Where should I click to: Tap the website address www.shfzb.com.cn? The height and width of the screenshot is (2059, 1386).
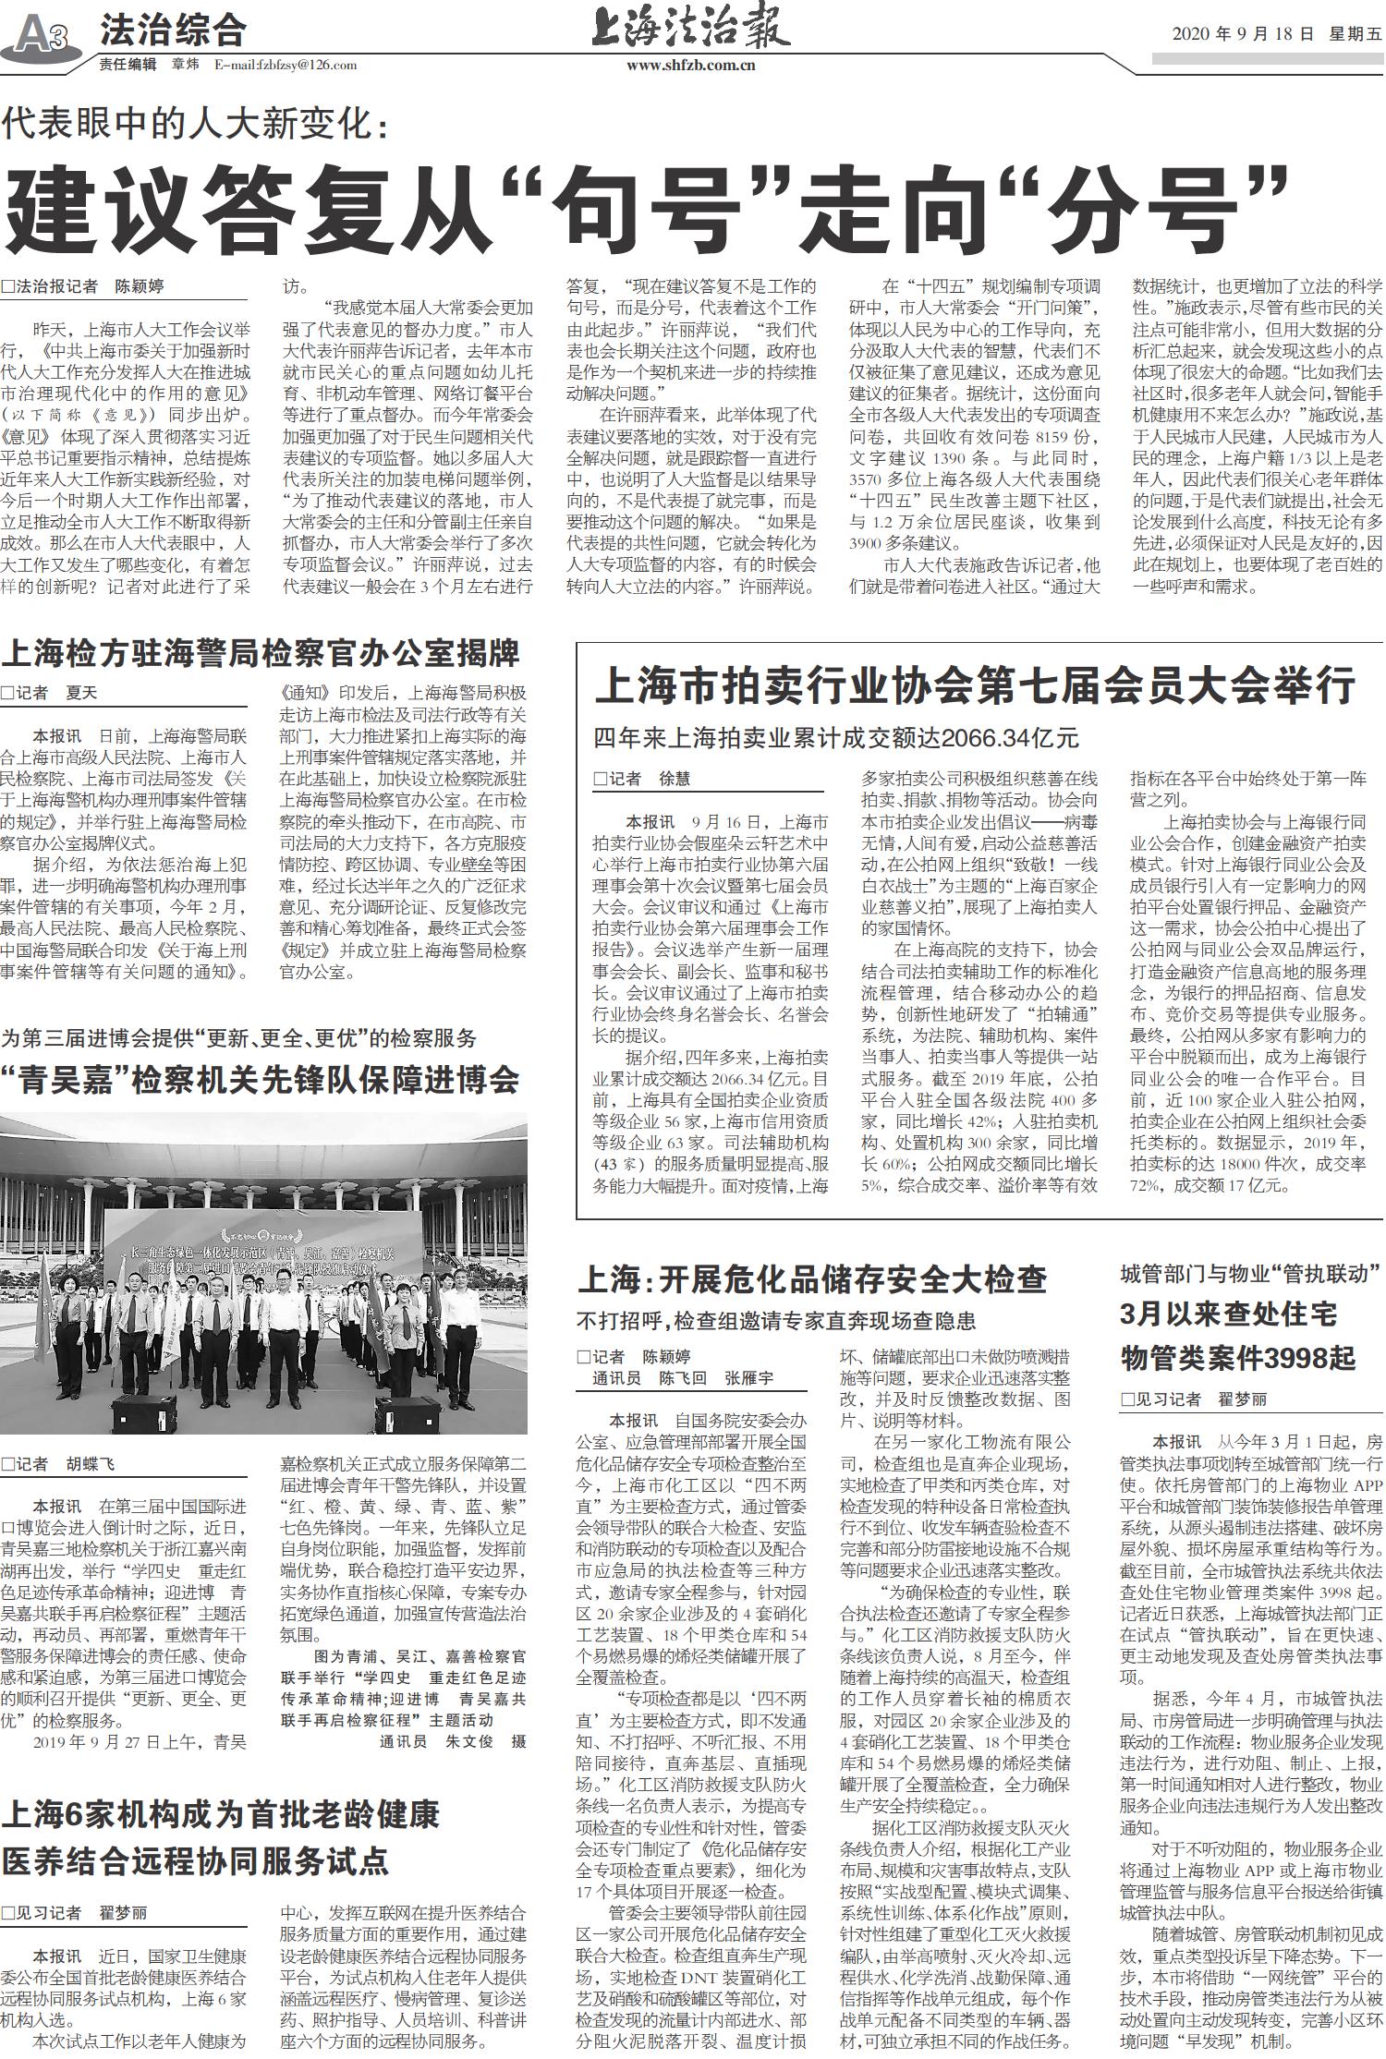click(x=691, y=66)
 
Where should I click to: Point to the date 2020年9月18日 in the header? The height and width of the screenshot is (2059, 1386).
click(x=1242, y=34)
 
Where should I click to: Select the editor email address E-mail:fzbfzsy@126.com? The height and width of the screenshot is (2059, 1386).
click(x=286, y=65)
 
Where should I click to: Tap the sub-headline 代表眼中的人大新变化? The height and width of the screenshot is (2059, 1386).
click(x=195, y=126)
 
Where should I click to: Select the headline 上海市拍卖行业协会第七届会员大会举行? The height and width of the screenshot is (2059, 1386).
click(x=975, y=687)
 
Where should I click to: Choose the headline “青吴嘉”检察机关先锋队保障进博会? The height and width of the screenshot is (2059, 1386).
click(x=260, y=1080)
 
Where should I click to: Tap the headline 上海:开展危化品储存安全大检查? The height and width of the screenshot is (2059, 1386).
click(x=812, y=1278)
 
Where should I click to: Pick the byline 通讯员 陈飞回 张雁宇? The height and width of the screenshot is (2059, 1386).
click(x=683, y=1378)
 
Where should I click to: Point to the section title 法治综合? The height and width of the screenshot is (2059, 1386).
click(x=173, y=31)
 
